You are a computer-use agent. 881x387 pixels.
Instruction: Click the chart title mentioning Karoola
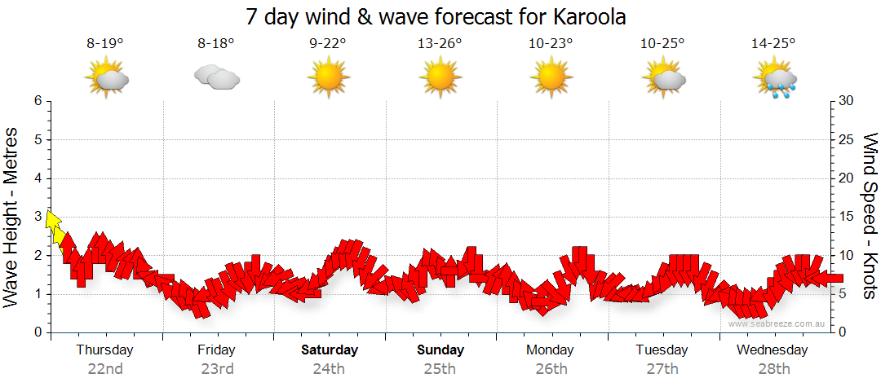pyautogui.click(x=441, y=16)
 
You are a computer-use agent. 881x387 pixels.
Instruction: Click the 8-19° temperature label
pyautogui.click(x=105, y=45)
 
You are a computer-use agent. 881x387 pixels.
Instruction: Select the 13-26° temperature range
pyautogui.click(x=439, y=45)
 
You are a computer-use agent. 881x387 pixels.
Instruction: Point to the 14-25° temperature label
pyautogui.click(x=773, y=45)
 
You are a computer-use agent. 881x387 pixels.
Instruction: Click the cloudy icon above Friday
pyautogui.click(x=216, y=77)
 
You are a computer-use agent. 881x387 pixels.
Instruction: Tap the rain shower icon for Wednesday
pyautogui.click(x=774, y=79)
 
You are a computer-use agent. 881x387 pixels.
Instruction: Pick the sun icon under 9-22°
pyautogui.click(x=328, y=78)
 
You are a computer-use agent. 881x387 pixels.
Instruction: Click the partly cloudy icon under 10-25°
pyautogui.click(x=662, y=78)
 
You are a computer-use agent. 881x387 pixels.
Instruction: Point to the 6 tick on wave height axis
pyautogui.click(x=38, y=101)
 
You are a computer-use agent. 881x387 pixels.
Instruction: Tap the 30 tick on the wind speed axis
pyautogui.click(x=848, y=101)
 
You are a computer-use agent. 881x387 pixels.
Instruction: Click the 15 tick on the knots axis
pyautogui.click(x=848, y=217)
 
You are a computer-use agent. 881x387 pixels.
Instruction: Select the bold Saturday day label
pyautogui.click(x=330, y=350)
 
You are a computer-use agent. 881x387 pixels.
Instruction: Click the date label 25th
pyautogui.click(x=440, y=368)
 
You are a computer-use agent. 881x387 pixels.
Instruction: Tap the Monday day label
pyautogui.click(x=551, y=350)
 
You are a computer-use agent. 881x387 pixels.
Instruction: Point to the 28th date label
pyautogui.click(x=773, y=368)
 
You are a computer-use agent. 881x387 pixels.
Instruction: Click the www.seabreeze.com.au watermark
pyautogui.click(x=777, y=323)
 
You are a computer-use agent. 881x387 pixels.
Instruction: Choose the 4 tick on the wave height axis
pyautogui.click(x=38, y=178)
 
